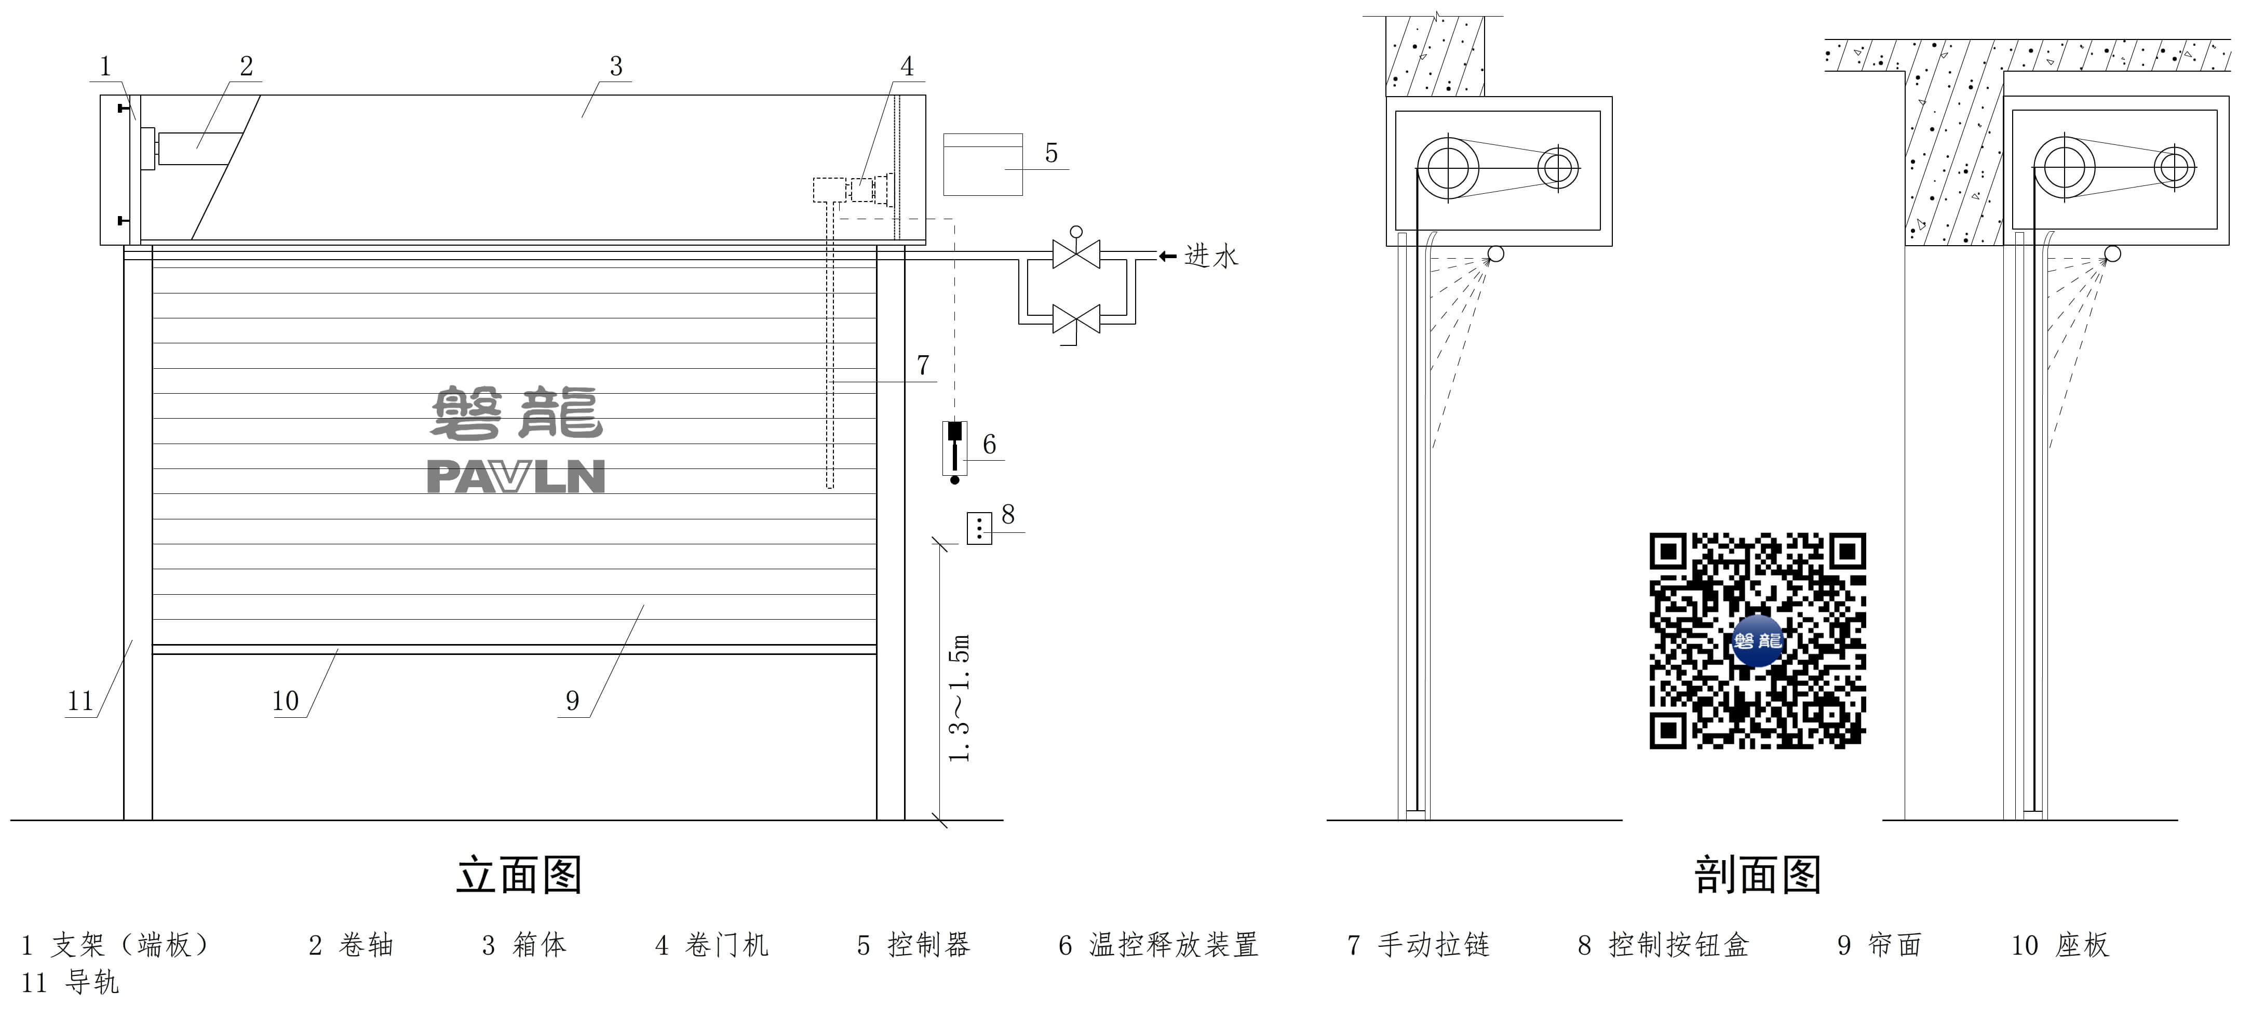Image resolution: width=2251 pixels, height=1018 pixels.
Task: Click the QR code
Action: [x=1757, y=640]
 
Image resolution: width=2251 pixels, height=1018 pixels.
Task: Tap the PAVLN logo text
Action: [x=516, y=477]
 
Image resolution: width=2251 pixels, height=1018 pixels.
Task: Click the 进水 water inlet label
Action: [x=1211, y=256]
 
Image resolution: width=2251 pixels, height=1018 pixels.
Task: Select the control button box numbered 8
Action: [x=979, y=529]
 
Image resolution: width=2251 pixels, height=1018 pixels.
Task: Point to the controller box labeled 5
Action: [x=982, y=164]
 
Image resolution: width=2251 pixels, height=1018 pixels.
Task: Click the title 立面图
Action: [x=519, y=875]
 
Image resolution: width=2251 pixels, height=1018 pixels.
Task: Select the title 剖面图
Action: [x=1757, y=875]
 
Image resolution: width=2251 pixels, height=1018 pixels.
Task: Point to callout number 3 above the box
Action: [x=616, y=66]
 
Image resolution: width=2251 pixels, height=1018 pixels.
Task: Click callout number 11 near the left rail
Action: [x=80, y=701]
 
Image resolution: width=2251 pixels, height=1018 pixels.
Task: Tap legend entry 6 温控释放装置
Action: [x=1158, y=945]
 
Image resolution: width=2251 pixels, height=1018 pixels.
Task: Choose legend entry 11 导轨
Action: [x=70, y=983]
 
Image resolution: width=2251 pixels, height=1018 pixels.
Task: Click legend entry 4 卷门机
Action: [x=712, y=945]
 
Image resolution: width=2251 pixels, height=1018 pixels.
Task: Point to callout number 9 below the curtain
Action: [x=572, y=701]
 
